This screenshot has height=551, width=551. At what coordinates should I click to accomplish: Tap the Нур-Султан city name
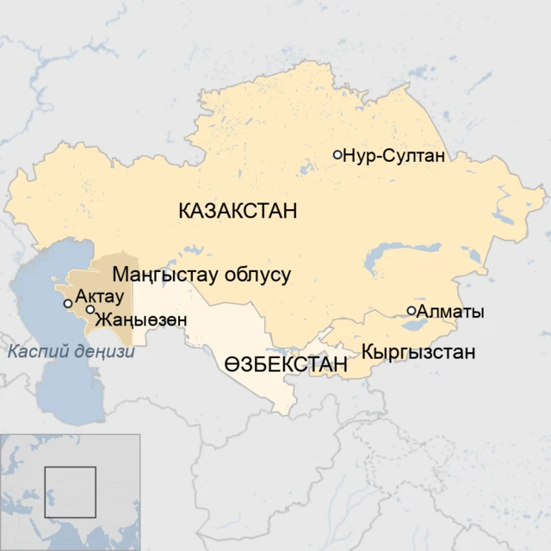393,156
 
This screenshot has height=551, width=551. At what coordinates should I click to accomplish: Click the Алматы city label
449,312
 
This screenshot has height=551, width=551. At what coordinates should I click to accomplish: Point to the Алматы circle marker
412,311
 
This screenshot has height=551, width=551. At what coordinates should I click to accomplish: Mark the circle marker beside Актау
68,304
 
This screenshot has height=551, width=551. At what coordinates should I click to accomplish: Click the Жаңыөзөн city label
140,319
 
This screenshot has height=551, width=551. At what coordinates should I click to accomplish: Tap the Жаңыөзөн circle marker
90,309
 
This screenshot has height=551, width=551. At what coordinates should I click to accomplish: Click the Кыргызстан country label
418,352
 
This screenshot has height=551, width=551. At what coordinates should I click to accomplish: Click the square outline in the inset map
70,492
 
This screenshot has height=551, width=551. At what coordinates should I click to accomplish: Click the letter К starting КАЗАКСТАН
185,210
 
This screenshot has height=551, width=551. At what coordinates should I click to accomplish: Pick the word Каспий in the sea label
34,351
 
